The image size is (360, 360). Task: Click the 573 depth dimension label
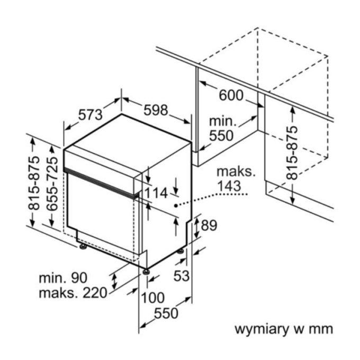(x=90, y=114)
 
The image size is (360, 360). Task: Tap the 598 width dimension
(x=156, y=110)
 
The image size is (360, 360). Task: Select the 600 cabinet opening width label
(x=231, y=95)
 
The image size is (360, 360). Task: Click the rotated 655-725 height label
(x=52, y=184)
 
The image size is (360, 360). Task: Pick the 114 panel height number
(x=156, y=193)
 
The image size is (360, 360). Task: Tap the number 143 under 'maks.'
(x=229, y=186)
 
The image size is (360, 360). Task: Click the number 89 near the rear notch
(x=209, y=225)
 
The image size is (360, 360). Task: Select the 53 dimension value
(x=182, y=275)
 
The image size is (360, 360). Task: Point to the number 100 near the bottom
(x=152, y=298)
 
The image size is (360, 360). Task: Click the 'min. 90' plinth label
(x=63, y=278)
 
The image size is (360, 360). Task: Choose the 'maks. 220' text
(x=73, y=293)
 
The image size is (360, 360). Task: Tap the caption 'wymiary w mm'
(x=284, y=329)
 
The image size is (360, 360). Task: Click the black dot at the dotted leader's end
(x=176, y=205)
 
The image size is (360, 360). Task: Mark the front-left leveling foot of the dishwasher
(x=83, y=246)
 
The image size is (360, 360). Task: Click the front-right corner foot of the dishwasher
(x=146, y=272)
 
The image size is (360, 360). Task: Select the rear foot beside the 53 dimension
(x=180, y=251)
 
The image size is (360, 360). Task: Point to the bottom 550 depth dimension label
(x=166, y=313)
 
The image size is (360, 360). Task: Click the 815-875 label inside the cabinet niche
(x=292, y=152)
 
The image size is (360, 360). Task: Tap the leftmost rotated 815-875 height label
(x=34, y=183)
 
